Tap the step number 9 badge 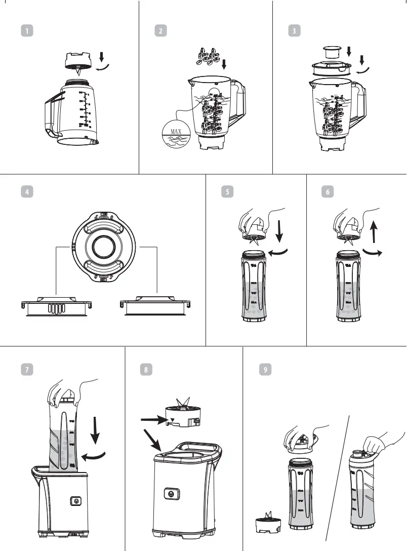click(264, 370)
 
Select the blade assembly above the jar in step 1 click(77, 61)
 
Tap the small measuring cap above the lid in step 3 click(332, 52)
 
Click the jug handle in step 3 click(360, 101)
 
